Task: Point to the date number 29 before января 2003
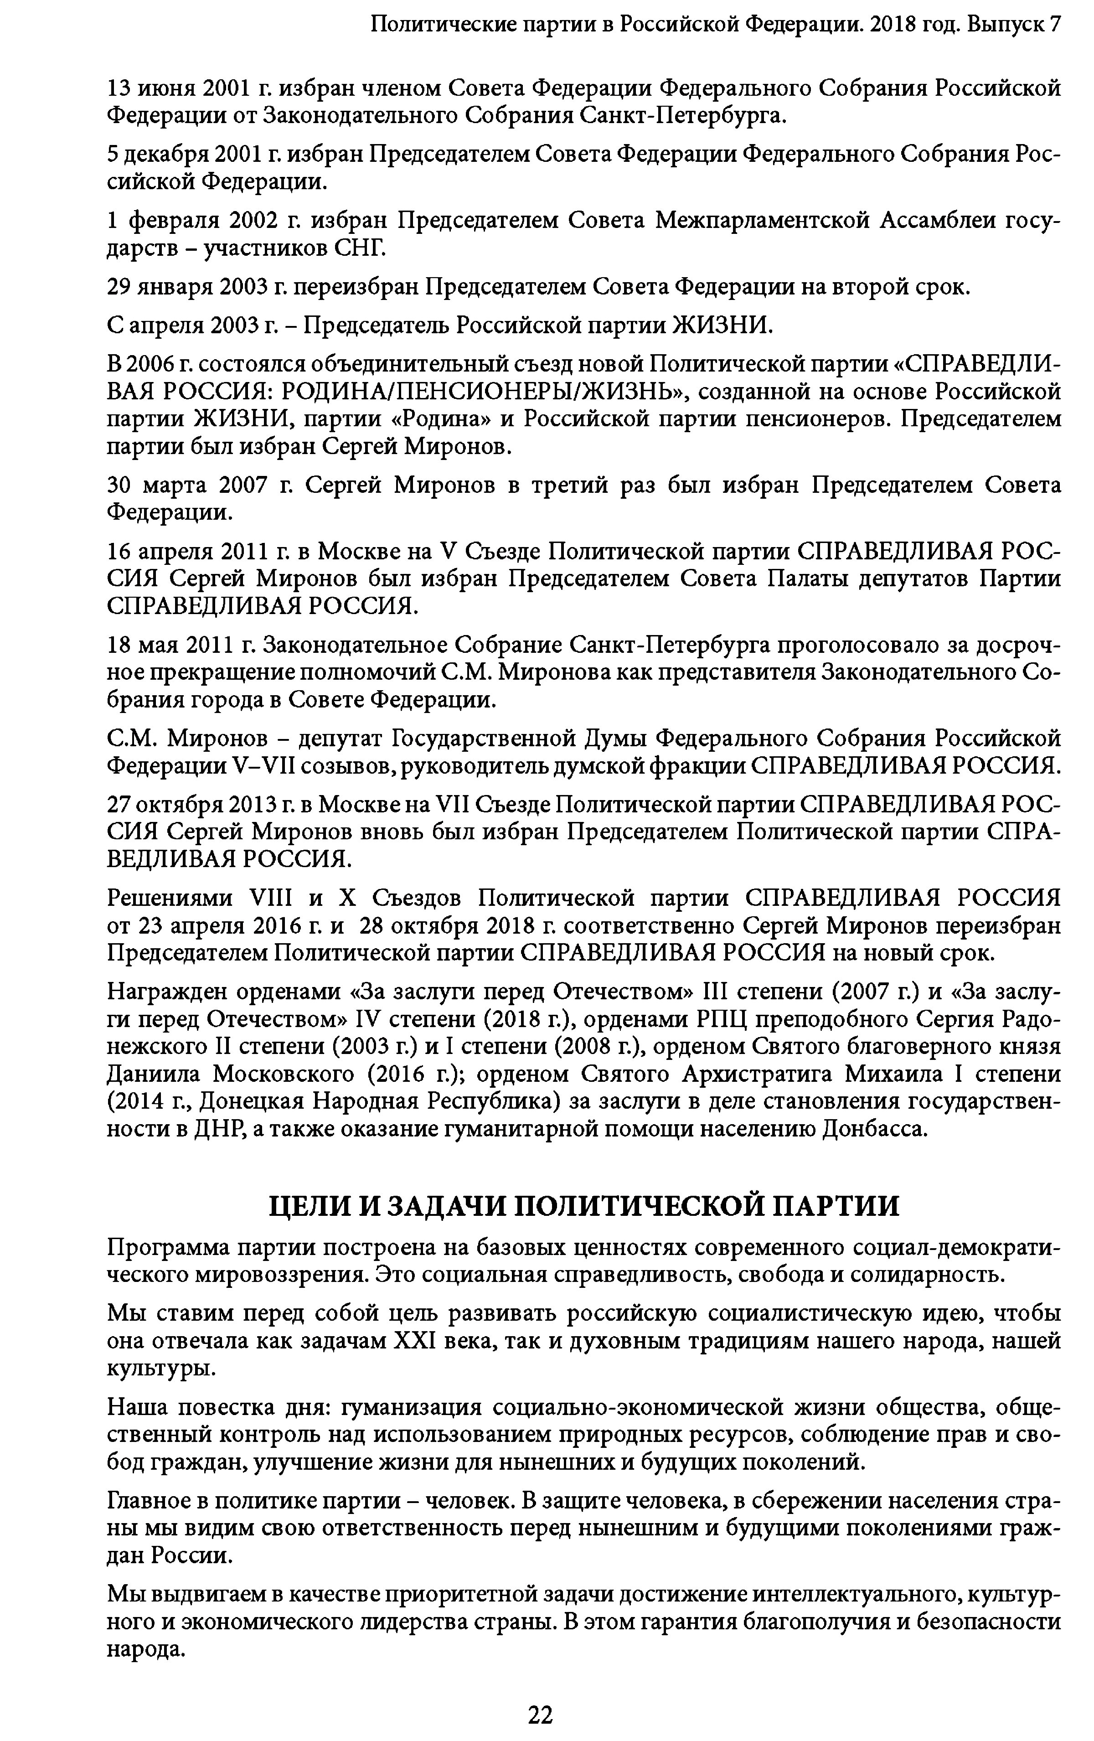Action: [x=119, y=287]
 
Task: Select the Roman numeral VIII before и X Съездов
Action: [x=270, y=899]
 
